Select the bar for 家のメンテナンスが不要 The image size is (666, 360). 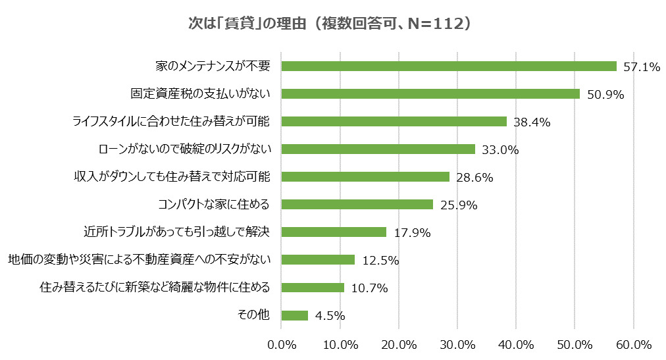(x=449, y=66)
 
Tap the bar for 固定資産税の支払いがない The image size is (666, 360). (x=430, y=93)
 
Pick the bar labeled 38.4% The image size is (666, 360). (x=394, y=121)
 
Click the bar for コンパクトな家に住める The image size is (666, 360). (x=357, y=204)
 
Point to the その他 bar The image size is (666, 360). (x=294, y=315)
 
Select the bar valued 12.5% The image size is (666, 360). (x=318, y=259)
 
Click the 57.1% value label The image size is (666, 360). (x=642, y=66)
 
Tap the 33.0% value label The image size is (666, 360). (x=500, y=149)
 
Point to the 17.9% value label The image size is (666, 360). (x=411, y=232)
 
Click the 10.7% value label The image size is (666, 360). (x=369, y=288)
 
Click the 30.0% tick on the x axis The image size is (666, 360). (x=457, y=345)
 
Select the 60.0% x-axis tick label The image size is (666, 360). (x=633, y=345)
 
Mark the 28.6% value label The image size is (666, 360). (x=474, y=177)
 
